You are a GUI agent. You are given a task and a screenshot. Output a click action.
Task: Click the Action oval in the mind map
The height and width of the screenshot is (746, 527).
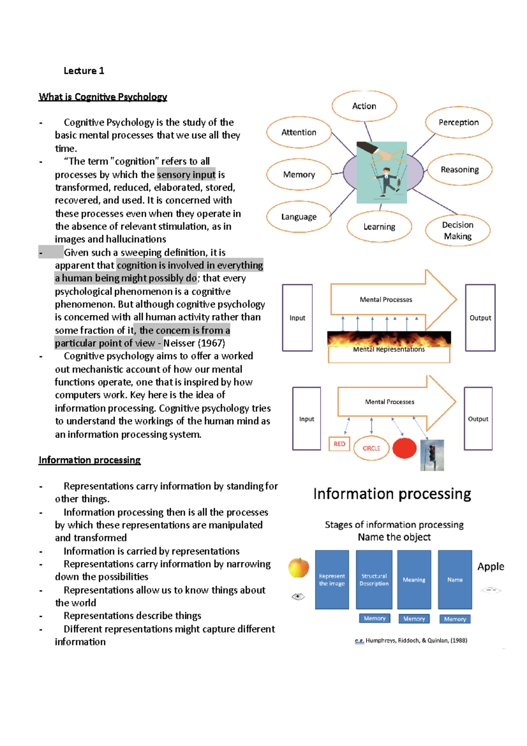point(364,106)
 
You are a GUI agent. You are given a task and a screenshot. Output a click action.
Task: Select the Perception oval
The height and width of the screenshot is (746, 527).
point(458,122)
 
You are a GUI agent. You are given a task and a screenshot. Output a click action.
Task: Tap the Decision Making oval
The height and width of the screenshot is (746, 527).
point(458,230)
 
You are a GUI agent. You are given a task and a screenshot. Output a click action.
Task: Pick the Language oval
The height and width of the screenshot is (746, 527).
point(299,217)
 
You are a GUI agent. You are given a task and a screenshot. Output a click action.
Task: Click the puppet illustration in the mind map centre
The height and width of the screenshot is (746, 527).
point(382,172)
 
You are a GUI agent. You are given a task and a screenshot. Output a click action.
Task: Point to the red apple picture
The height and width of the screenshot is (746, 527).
point(299,568)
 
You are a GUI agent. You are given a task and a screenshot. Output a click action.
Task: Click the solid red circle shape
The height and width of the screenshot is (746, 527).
point(404,448)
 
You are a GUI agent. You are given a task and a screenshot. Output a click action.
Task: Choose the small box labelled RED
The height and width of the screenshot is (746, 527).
point(339,444)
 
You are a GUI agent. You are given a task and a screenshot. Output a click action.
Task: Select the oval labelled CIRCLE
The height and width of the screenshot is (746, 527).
point(371,448)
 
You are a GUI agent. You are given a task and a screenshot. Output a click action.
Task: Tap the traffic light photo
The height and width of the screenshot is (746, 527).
point(432,455)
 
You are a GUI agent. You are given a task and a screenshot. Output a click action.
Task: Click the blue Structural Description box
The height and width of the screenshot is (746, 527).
point(374,579)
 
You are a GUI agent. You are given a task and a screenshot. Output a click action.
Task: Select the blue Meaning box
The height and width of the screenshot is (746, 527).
point(414,579)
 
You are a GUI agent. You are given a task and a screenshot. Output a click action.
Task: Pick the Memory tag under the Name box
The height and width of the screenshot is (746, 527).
point(455,619)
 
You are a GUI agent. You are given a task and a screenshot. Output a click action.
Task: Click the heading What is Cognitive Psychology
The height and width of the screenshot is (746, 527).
point(103,97)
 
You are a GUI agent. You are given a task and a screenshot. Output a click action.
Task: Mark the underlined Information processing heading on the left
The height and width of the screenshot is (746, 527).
point(90,460)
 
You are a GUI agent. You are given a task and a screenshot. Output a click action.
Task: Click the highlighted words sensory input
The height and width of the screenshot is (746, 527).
point(186,174)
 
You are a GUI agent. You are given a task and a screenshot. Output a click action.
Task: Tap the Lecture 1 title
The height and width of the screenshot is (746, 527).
point(84,71)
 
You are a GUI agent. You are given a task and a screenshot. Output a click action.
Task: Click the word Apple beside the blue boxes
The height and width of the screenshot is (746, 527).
point(491,566)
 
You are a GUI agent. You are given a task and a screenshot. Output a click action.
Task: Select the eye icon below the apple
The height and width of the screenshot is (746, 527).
point(298,596)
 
